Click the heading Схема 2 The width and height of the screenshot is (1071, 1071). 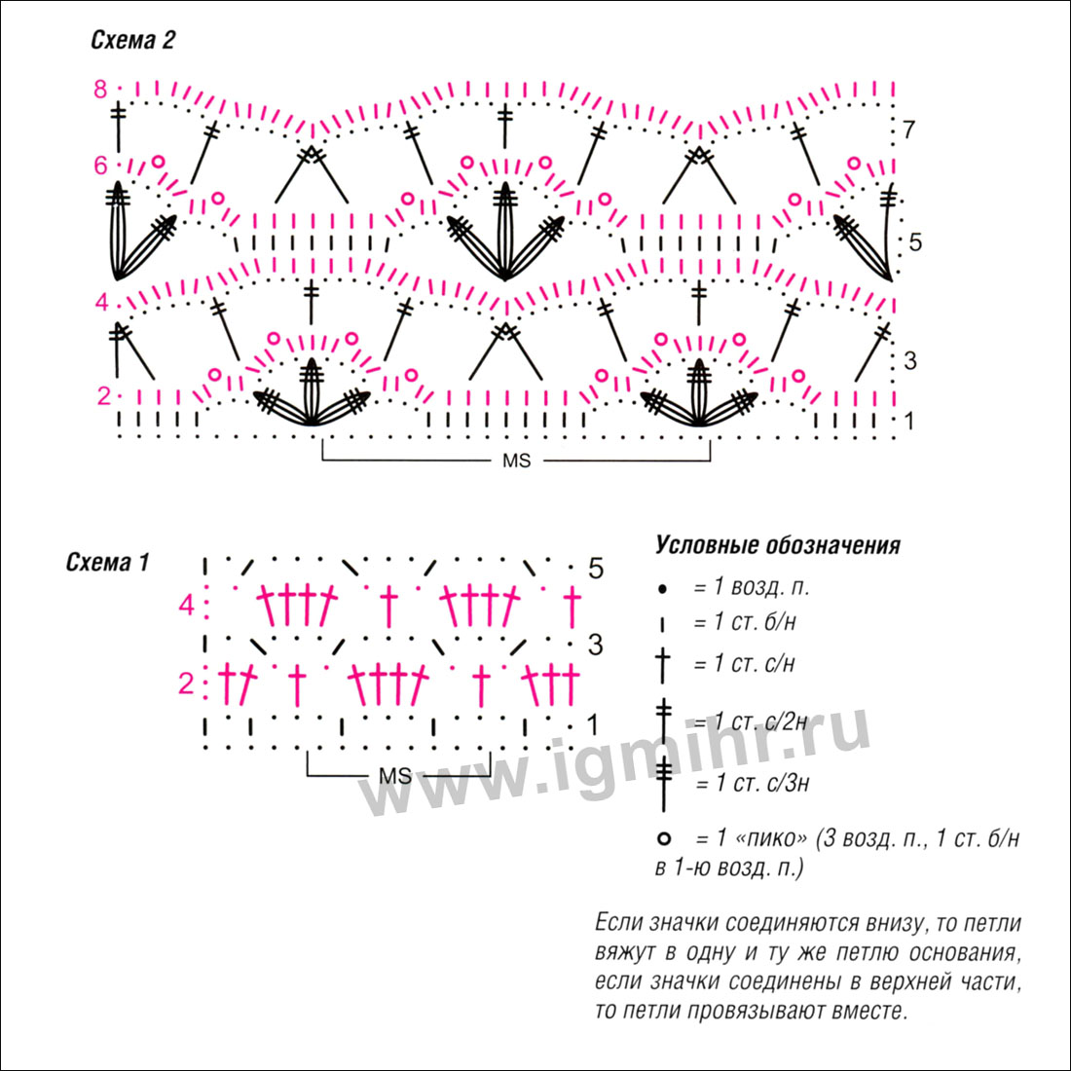(x=132, y=41)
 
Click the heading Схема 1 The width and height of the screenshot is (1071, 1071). (x=107, y=562)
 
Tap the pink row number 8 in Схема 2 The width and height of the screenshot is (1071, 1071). (x=100, y=90)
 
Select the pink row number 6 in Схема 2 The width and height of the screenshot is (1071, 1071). (x=100, y=166)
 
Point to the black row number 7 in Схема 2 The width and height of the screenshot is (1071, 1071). (x=908, y=129)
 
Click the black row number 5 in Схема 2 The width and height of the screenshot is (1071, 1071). (x=915, y=242)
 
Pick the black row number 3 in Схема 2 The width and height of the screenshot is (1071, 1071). (x=909, y=360)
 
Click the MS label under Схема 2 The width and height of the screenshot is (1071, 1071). (x=516, y=462)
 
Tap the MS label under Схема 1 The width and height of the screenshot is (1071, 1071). (x=395, y=776)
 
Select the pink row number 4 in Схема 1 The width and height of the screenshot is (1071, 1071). (x=187, y=606)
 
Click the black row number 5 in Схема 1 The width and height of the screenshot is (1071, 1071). (x=596, y=569)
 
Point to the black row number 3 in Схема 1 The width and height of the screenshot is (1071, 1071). (x=596, y=645)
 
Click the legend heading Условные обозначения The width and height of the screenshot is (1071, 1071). (x=778, y=545)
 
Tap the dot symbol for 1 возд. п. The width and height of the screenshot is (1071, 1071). (x=662, y=589)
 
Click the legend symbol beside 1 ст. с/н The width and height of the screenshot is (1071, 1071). (x=662, y=665)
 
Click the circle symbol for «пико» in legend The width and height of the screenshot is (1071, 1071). (x=663, y=838)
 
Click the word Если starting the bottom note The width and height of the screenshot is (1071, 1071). (x=619, y=923)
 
